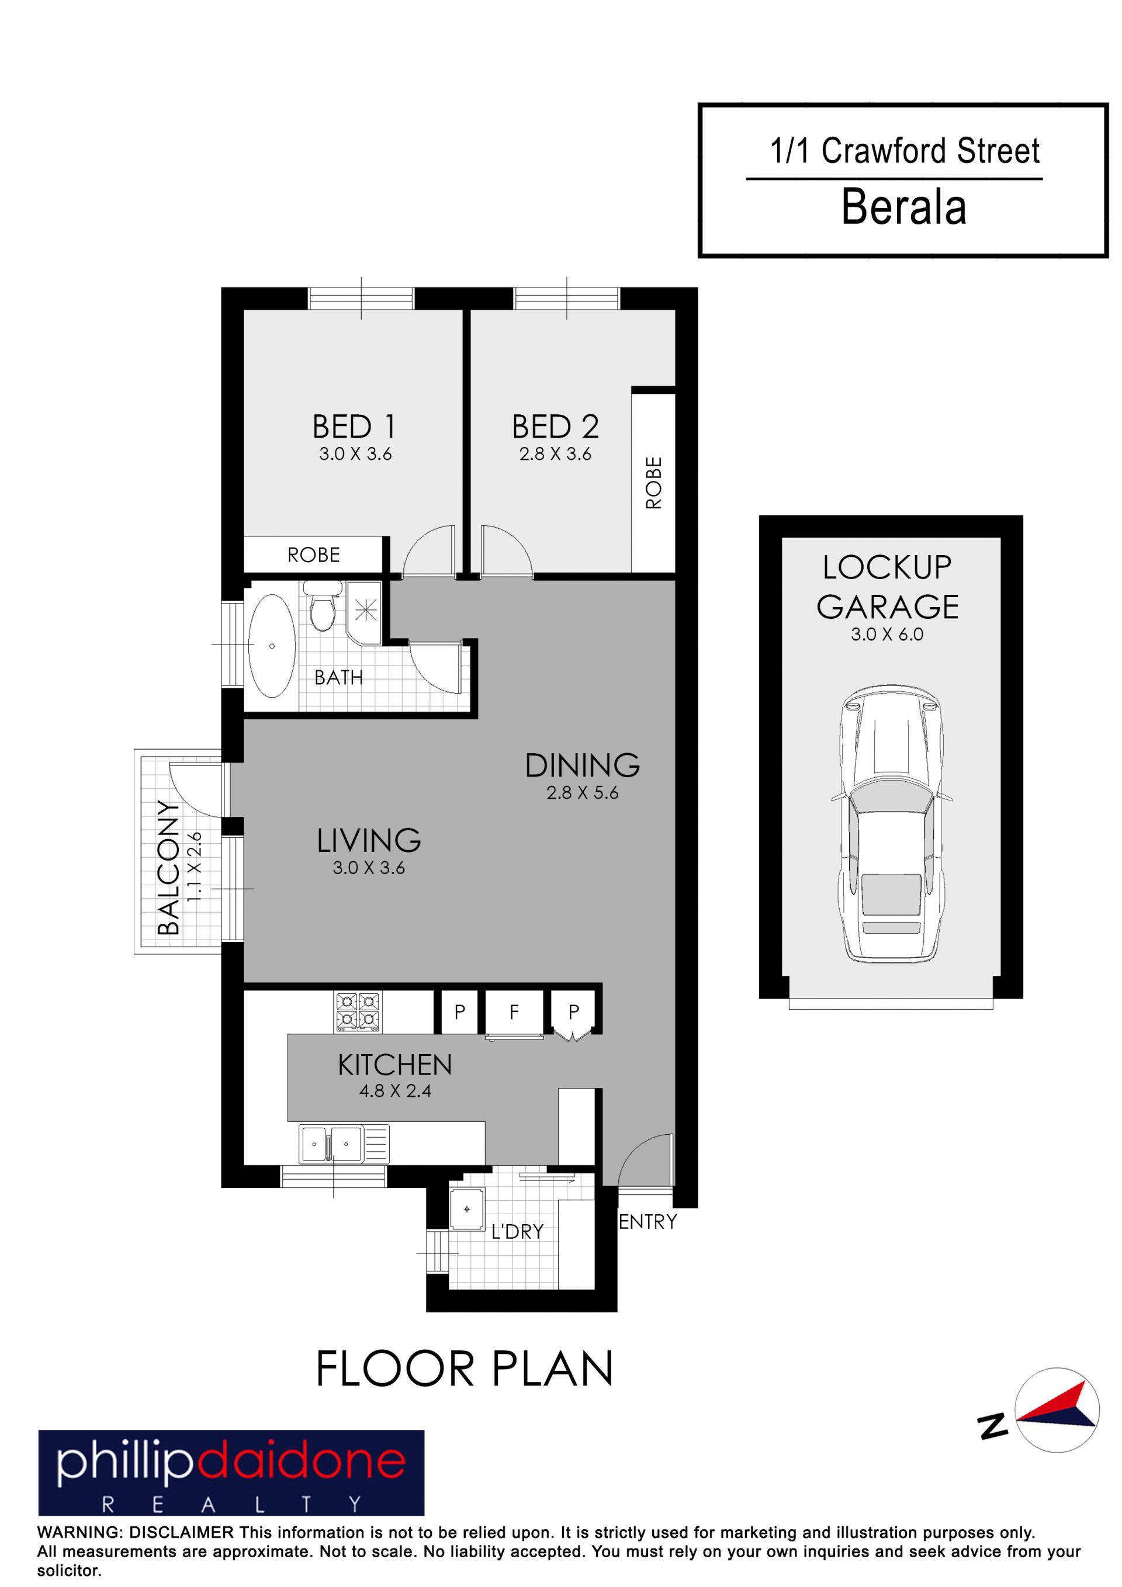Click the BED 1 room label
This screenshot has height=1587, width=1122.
click(354, 427)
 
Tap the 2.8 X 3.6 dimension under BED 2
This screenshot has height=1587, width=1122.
click(555, 454)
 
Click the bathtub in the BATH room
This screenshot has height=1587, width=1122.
click(272, 646)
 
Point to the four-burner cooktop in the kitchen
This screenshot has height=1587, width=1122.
click(358, 1012)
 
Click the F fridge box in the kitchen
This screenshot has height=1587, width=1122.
click(514, 1013)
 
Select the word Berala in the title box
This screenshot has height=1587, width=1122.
click(903, 207)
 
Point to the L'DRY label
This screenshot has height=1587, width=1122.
click(517, 1232)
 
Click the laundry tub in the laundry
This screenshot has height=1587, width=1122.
click(467, 1209)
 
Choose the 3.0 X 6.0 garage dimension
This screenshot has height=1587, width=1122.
click(887, 635)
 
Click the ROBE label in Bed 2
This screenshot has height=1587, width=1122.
click(653, 483)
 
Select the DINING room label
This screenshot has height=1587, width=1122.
click(582, 766)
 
